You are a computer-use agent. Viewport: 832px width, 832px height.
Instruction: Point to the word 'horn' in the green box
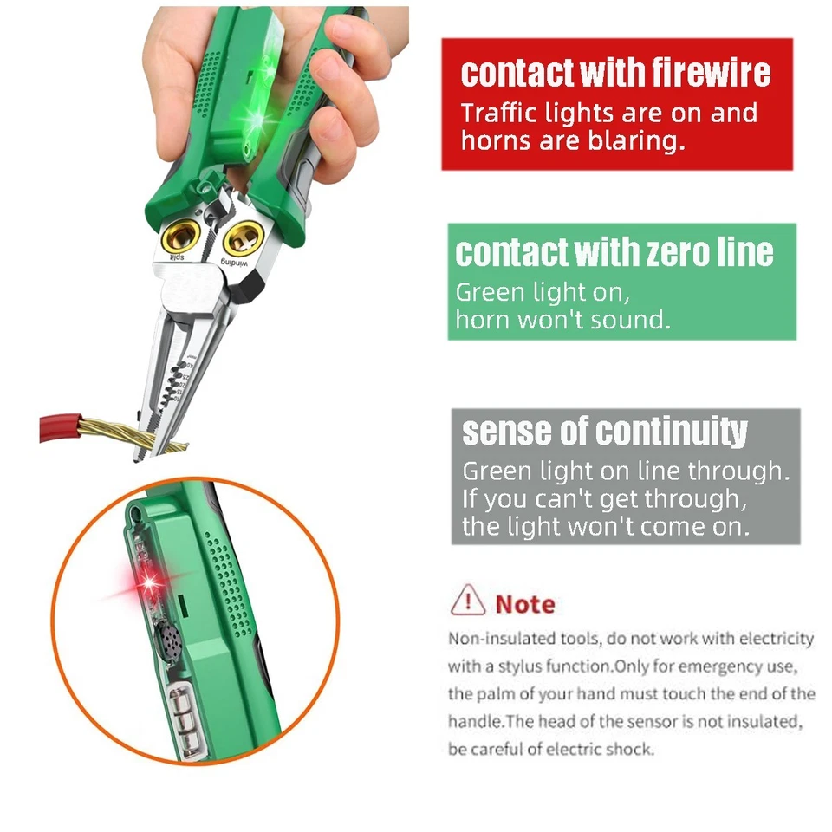click(x=485, y=320)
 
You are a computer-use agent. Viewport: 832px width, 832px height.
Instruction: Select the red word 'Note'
click(x=525, y=604)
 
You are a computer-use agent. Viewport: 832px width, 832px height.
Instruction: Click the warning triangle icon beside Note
click(x=468, y=599)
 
